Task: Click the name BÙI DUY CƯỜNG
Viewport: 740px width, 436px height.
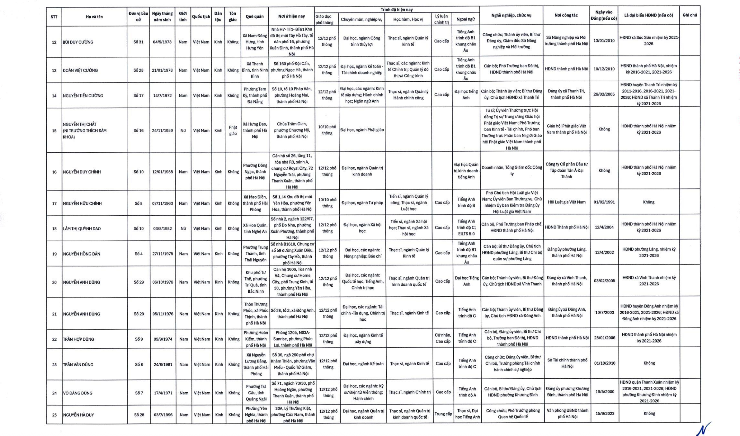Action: click(x=78, y=42)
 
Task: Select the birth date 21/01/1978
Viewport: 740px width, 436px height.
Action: click(x=162, y=70)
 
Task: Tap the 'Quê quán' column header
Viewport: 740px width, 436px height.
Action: click(x=254, y=17)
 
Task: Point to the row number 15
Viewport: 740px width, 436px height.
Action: click(x=54, y=131)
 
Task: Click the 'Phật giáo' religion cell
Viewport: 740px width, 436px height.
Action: click(x=233, y=131)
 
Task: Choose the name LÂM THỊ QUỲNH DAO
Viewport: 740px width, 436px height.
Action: click(x=82, y=229)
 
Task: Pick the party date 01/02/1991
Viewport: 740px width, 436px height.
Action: click(x=604, y=202)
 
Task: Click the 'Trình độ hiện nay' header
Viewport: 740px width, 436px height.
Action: click(x=397, y=10)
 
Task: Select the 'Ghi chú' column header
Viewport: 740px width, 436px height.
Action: click(x=690, y=15)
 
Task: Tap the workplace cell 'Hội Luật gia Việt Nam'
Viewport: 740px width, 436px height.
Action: click(x=567, y=202)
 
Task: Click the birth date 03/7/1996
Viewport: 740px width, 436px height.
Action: click(x=163, y=415)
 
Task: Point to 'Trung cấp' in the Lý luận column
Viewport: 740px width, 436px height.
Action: click(x=443, y=414)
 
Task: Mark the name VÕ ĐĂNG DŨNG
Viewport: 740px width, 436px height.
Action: click(x=78, y=393)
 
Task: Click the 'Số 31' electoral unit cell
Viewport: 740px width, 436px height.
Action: click(x=138, y=42)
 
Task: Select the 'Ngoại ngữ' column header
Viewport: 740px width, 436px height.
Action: click(x=465, y=19)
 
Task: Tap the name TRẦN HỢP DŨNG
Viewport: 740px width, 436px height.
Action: click(x=78, y=339)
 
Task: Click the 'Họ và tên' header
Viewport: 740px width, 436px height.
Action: click(x=94, y=17)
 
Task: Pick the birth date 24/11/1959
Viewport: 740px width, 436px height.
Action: click(x=162, y=131)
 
